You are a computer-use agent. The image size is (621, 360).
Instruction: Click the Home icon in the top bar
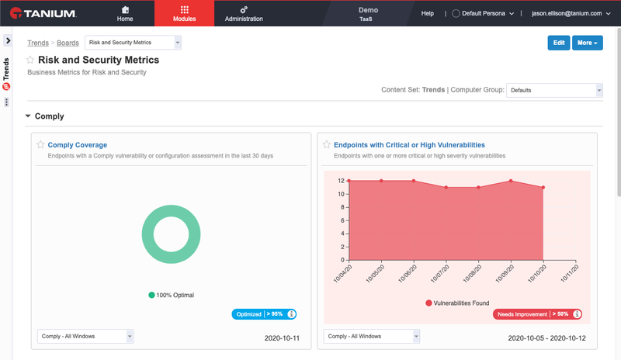point(125,10)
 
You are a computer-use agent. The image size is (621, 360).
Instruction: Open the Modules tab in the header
point(184,13)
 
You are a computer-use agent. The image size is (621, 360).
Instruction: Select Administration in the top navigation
point(244,13)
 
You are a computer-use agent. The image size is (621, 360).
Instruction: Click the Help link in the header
point(428,13)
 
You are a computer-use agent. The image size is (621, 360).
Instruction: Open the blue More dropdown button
point(588,43)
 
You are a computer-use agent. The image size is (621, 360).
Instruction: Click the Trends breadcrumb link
point(38,43)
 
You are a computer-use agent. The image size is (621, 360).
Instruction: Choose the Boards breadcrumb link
point(68,43)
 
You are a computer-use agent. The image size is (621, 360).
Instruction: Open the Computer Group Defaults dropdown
point(554,90)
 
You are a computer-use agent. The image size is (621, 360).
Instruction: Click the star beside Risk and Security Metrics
point(30,60)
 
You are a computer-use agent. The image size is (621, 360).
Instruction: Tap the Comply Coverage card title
point(78,145)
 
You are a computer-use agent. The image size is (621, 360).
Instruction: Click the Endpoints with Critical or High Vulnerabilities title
point(410,145)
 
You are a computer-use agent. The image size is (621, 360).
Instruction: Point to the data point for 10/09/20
point(511,181)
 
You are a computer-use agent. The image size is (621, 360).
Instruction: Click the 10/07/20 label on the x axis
point(440,274)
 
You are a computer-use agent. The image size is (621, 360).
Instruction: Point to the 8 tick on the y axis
point(342,207)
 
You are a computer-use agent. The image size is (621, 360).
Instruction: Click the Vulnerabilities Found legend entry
point(457,303)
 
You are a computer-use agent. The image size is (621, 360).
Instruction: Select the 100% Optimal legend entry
point(171,295)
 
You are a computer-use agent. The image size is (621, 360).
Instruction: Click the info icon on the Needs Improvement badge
point(577,314)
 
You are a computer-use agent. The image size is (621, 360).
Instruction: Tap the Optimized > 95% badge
point(264,314)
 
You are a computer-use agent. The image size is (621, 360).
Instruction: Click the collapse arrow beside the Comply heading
point(28,116)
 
